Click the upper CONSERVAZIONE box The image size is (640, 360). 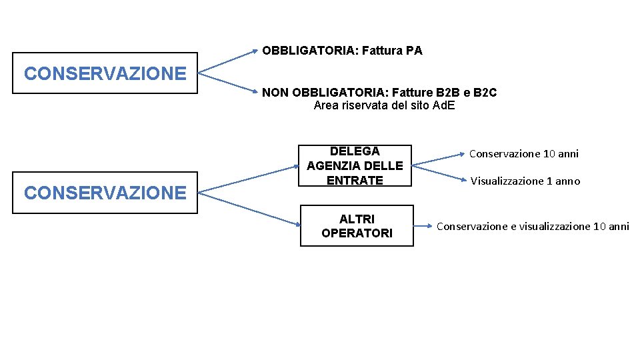click(105, 73)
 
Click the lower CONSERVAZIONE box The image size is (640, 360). click(105, 193)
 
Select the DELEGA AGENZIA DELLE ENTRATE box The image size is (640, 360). click(355, 165)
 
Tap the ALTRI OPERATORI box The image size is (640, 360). click(357, 226)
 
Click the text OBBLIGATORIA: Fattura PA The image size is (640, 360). click(342, 51)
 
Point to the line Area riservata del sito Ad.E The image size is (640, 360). click(384, 105)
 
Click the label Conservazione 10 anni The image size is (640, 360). click(523, 154)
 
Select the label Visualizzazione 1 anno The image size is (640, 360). click(525, 181)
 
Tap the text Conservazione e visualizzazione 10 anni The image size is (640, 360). click(533, 227)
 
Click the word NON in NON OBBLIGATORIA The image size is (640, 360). click(275, 93)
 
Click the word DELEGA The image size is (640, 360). click(355, 151)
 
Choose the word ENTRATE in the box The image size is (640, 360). click(355, 180)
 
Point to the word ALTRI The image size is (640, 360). click(357, 219)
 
